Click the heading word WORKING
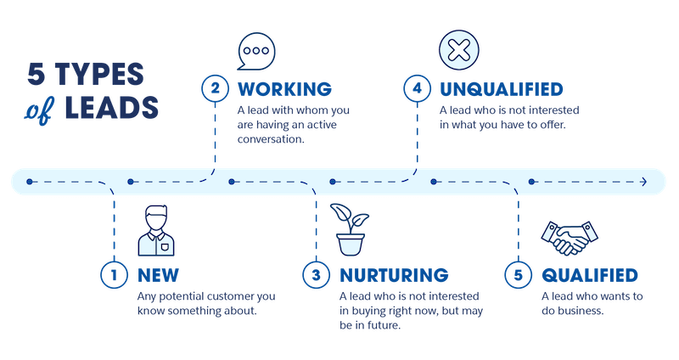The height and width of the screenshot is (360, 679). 283,88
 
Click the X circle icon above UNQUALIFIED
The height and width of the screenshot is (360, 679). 457,48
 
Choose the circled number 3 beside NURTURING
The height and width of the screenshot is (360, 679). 315,275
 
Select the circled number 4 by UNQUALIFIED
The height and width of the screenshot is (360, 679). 416,88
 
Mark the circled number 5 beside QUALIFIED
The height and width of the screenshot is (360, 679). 518,275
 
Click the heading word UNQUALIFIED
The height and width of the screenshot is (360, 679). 502,88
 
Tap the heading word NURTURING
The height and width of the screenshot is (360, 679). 393,275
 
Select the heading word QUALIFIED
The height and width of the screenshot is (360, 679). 588,275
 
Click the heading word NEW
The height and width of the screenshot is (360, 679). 159,275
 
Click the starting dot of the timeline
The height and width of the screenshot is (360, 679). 30,182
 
